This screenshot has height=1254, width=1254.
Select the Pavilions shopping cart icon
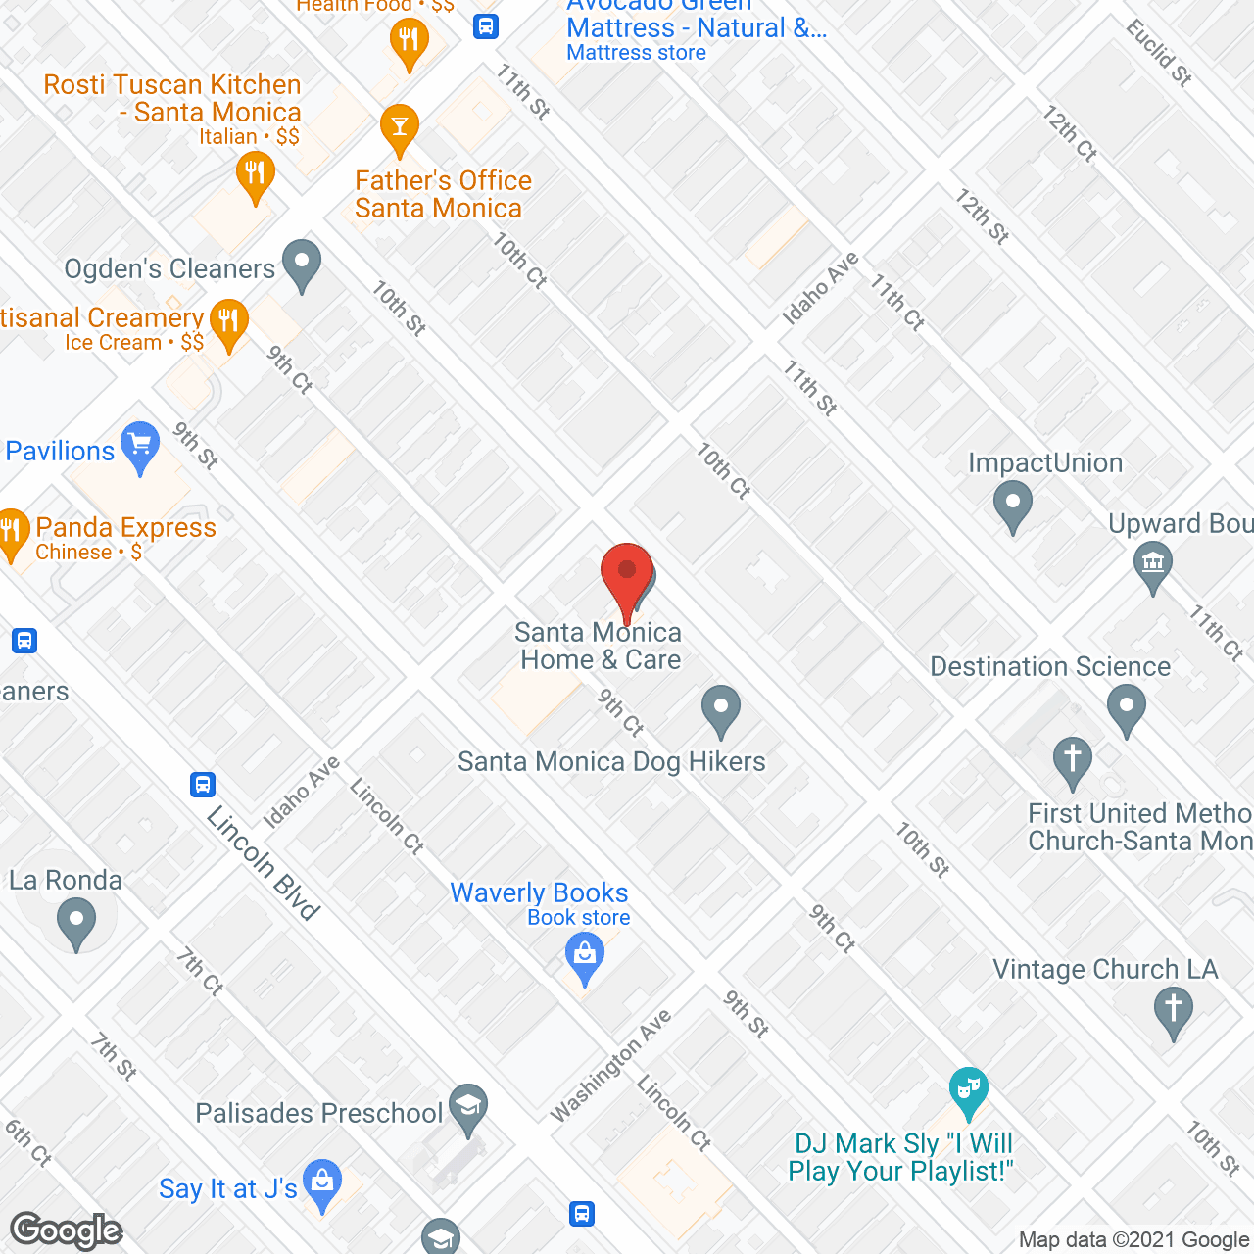pos(140,446)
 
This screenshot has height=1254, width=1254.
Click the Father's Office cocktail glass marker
pos(399,127)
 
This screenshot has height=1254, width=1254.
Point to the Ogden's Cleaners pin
pos(302,264)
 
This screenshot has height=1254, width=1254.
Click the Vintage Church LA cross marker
pos(1173,1009)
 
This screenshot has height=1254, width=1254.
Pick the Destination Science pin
pos(1127,707)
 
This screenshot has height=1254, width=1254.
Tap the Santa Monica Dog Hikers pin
pos(721,707)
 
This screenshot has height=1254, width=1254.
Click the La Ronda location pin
pos(76,922)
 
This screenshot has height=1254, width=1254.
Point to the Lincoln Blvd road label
pos(264,864)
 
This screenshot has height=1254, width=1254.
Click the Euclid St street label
pos(1159,53)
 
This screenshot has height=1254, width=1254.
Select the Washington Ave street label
pos(611,1065)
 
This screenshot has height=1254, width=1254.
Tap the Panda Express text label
pos(125,527)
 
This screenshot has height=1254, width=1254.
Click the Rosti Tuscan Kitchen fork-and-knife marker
pos(255,175)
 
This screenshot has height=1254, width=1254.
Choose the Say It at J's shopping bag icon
pos(322,1182)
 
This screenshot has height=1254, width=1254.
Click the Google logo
pos(67,1230)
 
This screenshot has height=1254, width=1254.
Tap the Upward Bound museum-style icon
pos(1153,564)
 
